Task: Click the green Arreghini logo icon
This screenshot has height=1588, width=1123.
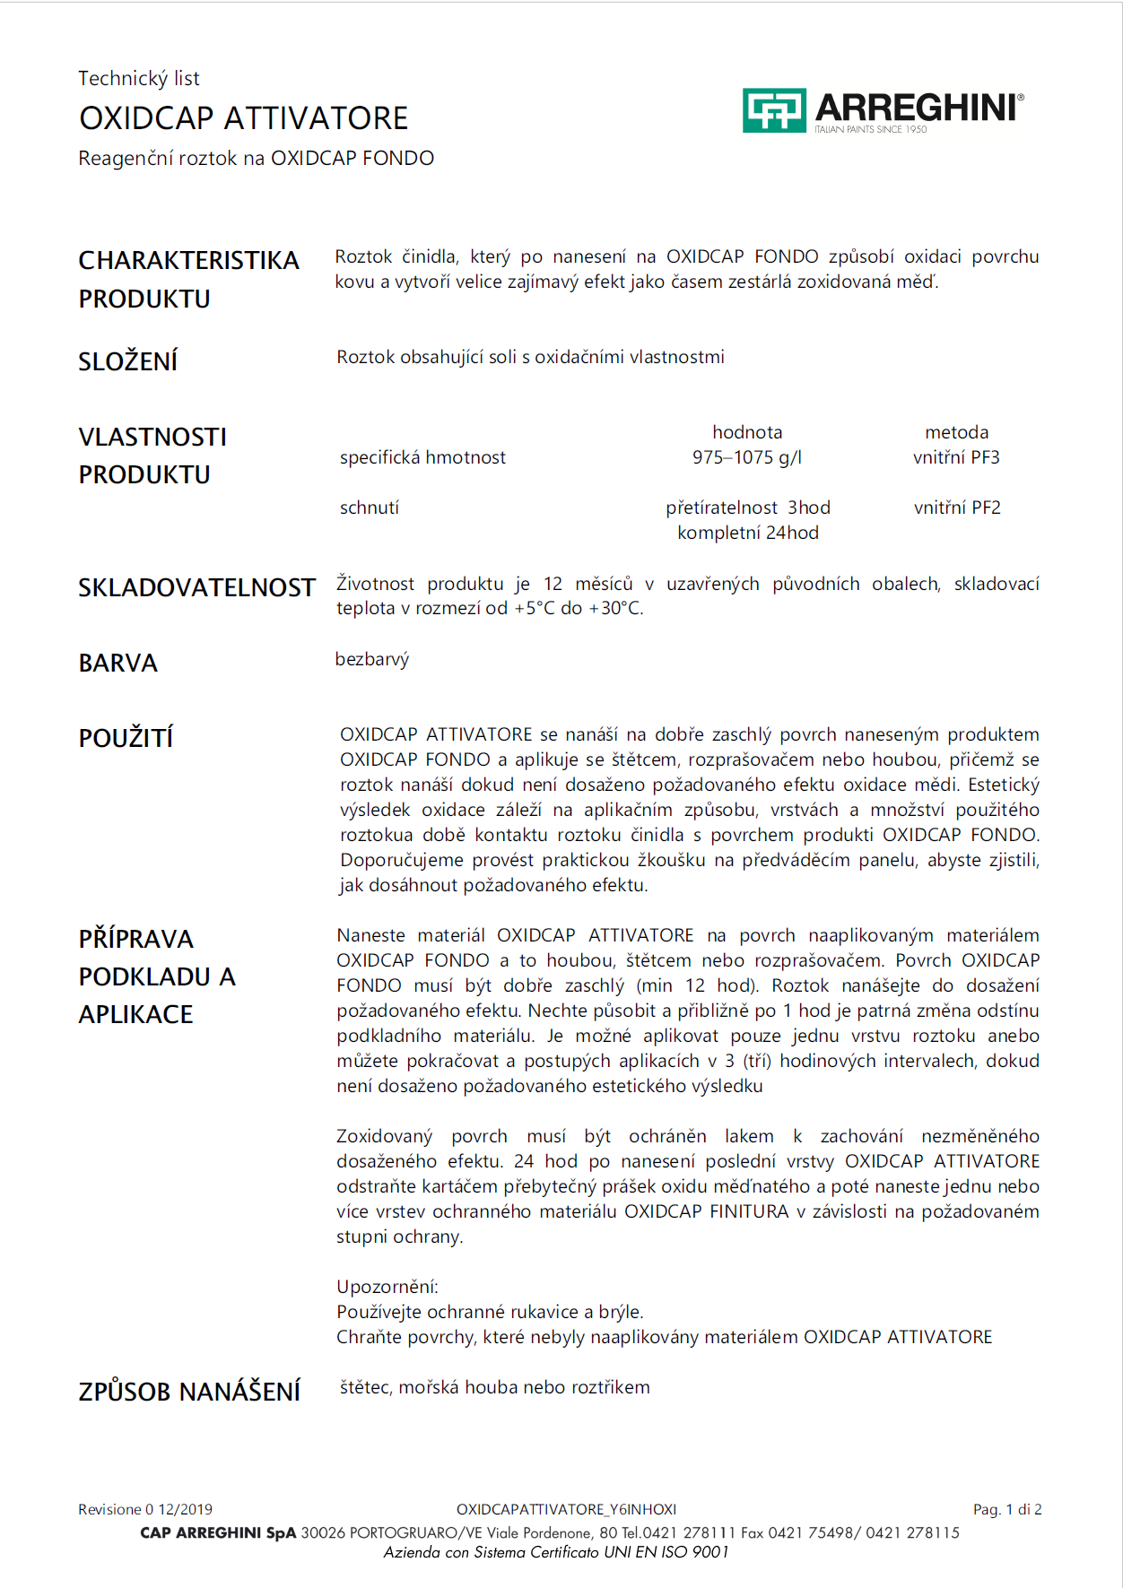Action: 774,110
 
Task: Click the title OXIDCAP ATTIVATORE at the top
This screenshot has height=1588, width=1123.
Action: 243,118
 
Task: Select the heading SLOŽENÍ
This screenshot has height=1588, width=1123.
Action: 128,361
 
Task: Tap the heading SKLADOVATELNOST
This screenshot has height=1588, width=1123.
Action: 196,587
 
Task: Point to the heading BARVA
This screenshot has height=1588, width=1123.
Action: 118,663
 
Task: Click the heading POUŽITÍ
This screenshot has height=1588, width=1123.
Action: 126,738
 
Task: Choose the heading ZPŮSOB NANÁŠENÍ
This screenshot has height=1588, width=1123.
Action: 189,1392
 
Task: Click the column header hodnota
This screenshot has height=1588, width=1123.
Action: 747,432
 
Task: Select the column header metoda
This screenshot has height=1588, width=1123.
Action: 956,432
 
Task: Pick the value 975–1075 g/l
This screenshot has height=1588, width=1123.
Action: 747,457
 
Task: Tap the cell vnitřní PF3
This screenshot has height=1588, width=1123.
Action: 956,457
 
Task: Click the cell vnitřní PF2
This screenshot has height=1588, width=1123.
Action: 957,508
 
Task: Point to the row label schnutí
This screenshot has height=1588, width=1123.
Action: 370,508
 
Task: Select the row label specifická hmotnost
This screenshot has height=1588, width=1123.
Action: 422,457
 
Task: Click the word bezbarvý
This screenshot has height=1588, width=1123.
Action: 372,659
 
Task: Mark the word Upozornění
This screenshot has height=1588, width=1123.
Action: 387,1287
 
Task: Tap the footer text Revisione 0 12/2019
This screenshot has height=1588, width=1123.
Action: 145,1509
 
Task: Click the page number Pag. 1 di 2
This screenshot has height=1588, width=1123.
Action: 1007,1509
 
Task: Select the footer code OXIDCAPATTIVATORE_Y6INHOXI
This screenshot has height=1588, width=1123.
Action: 566,1509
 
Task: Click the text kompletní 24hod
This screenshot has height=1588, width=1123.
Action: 748,533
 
